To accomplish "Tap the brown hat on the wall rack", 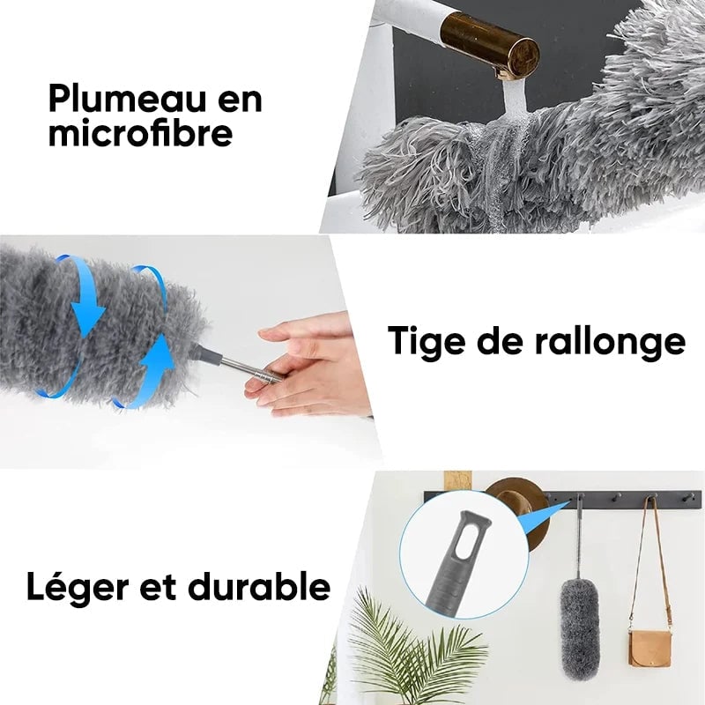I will [x=520, y=511].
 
